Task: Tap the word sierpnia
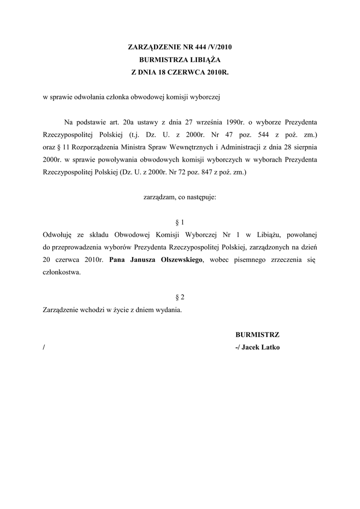click(304, 148)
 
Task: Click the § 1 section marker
click(180, 222)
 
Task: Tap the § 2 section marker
click(180, 297)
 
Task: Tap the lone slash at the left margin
click(44, 347)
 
